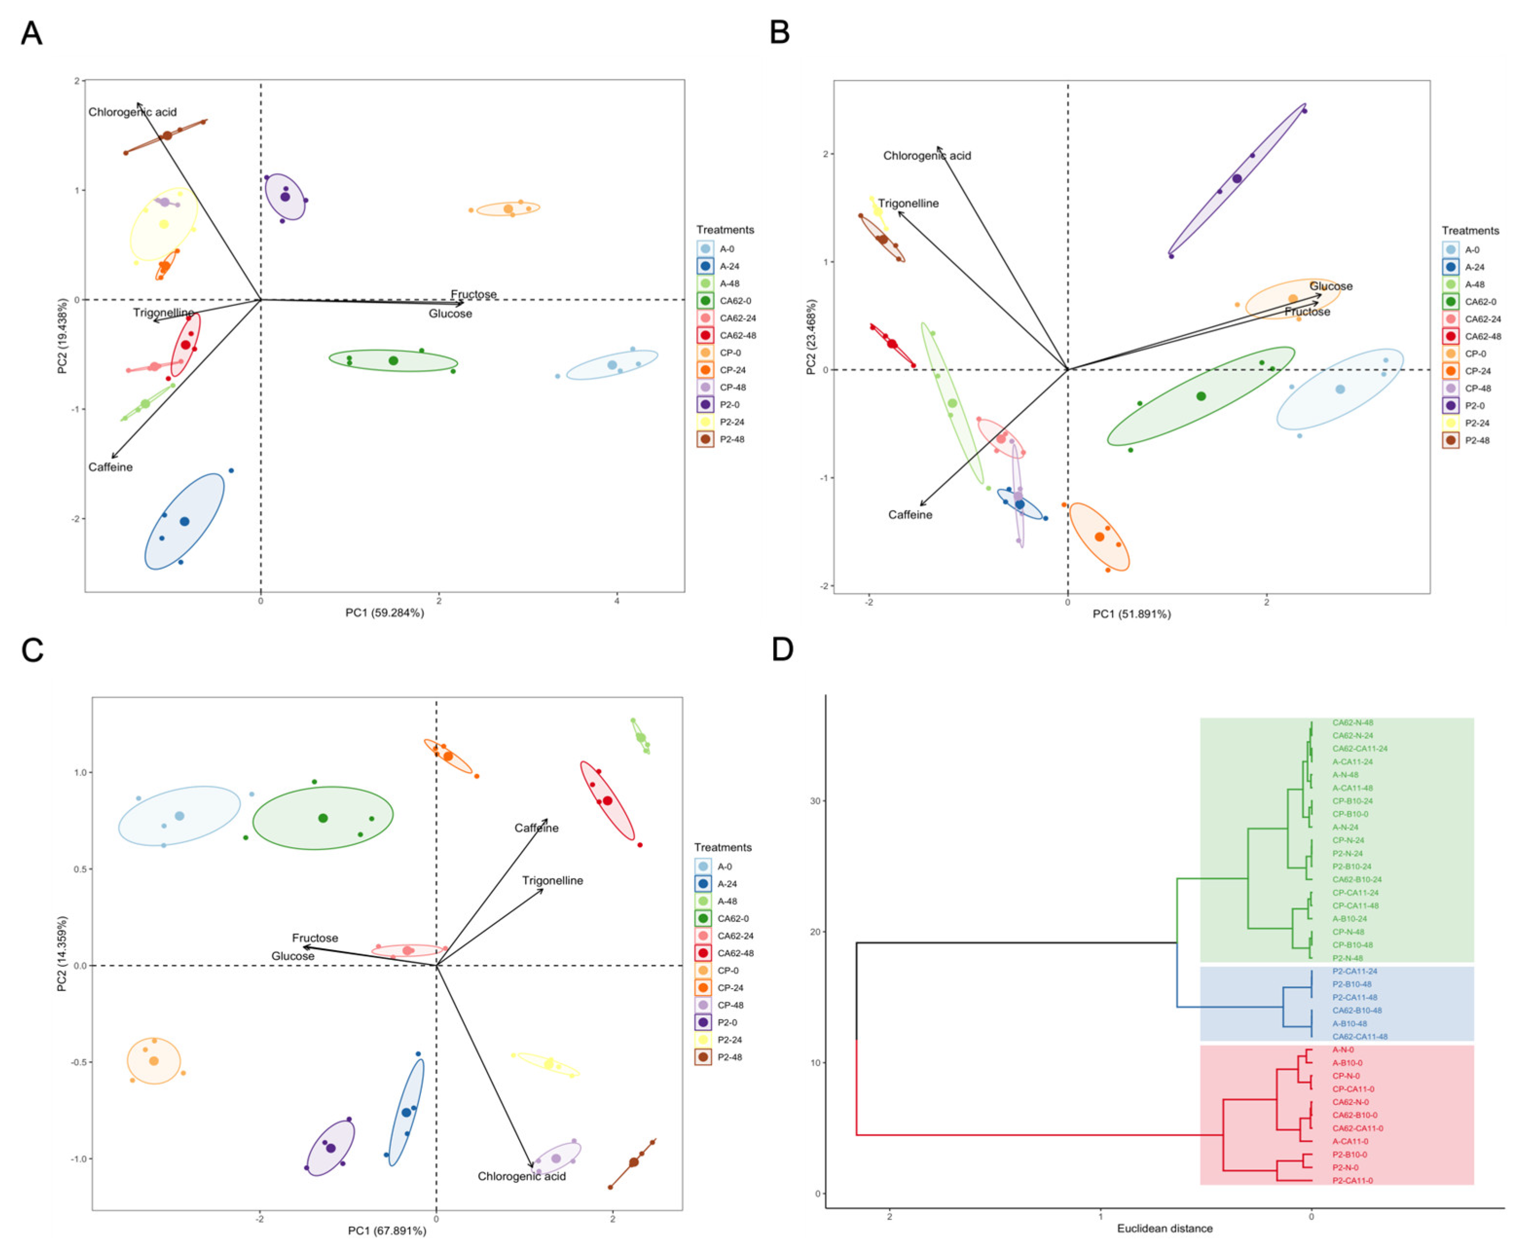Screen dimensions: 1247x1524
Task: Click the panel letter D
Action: click(782, 650)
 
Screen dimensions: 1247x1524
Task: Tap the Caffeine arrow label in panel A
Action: click(110, 467)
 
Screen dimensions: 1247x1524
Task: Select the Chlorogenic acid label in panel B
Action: click(926, 156)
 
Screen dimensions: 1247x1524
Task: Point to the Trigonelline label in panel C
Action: click(552, 881)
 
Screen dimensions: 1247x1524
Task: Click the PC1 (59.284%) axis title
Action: click(384, 613)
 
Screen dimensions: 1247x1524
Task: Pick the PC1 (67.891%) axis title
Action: click(387, 1230)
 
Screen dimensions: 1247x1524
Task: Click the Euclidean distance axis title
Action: click(1164, 1229)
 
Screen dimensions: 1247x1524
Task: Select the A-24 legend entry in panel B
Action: click(1474, 267)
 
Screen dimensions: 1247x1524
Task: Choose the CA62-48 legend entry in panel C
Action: click(735, 953)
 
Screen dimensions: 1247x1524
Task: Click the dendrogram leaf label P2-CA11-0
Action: click(1352, 1180)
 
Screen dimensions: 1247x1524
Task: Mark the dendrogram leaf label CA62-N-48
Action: click(1352, 723)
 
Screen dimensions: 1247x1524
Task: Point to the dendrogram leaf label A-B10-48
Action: click(1349, 1024)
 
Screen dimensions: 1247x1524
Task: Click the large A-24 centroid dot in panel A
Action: click(184, 522)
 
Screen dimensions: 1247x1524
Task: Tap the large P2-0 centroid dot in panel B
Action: click(1237, 179)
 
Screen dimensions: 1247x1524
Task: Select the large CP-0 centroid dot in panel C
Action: click(154, 1061)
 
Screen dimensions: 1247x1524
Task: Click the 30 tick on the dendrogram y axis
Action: click(815, 801)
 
